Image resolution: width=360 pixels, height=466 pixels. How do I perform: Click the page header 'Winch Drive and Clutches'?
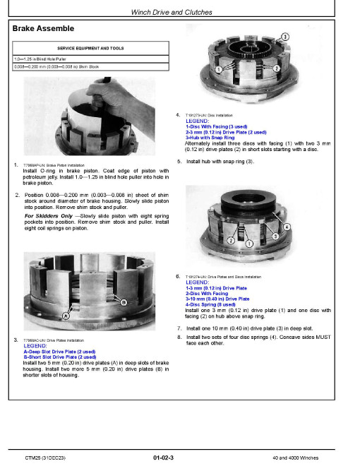click(x=179, y=12)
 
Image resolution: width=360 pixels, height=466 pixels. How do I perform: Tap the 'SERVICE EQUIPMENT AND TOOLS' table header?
click(x=92, y=48)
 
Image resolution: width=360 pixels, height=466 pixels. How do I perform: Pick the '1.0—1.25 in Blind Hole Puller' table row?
click(x=40, y=59)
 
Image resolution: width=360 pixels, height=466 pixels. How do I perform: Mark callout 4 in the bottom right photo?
click(x=287, y=226)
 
